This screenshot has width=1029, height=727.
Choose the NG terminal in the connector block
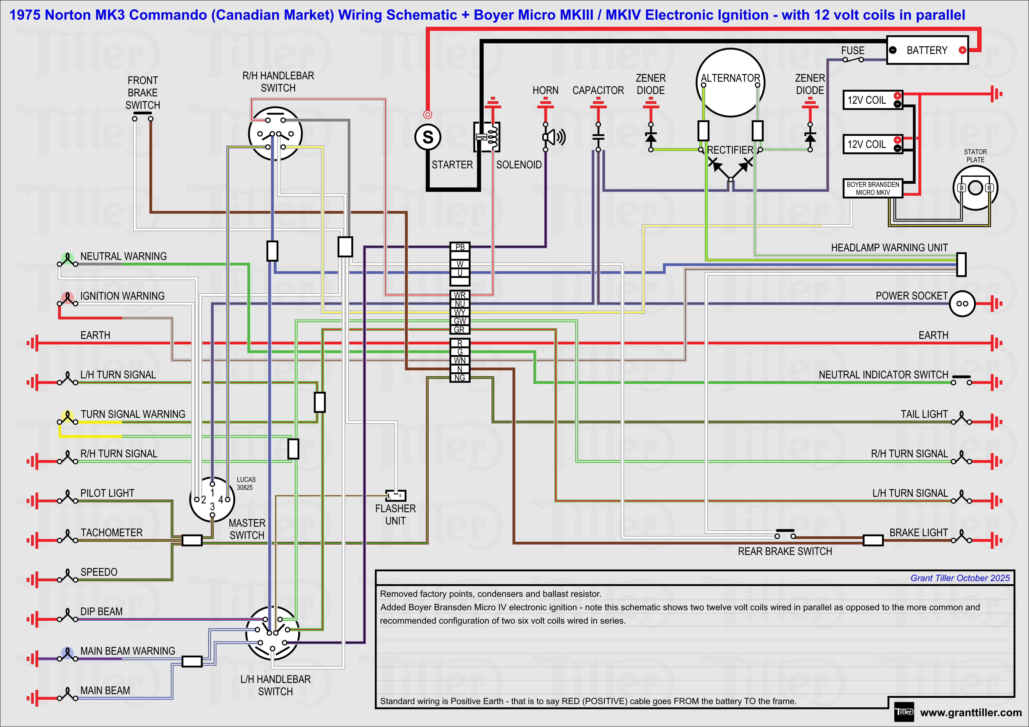(x=460, y=378)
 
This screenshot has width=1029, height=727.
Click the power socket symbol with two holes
(x=962, y=303)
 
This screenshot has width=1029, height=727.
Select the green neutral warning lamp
(x=68, y=259)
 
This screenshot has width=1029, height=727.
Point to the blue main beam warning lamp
(x=68, y=653)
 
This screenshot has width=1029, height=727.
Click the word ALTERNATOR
(x=730, y=78)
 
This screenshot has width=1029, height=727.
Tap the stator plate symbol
(x=975, y=188)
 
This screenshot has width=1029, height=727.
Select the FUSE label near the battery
(x=852, y=51)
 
